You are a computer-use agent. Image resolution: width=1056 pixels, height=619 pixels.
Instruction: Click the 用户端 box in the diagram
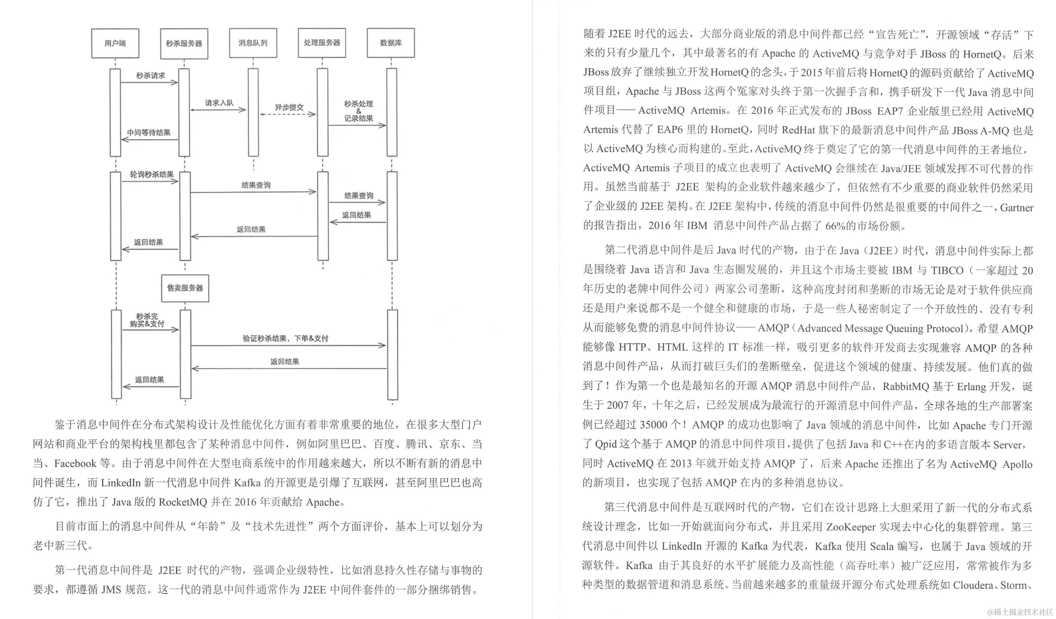coord(115,43)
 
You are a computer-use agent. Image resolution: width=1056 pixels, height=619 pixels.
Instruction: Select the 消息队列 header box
coord(253,43)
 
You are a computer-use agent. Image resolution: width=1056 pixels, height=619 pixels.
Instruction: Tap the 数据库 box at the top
coord(390,43)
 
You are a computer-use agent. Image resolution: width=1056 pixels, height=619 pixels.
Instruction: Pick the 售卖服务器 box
coord(185,288)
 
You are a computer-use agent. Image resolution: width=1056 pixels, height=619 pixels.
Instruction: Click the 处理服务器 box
coord(322,43)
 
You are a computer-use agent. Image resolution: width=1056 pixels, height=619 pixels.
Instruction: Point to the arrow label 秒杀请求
coord(151,75)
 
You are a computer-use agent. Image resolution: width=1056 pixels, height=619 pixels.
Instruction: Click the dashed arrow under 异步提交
coord(287,114)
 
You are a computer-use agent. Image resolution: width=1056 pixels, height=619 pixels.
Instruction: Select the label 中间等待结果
coord(149,132)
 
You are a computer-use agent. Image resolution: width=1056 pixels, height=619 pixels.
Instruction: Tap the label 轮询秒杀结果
coord(151,174)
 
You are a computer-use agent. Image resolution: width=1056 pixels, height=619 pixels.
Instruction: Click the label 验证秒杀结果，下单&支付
coord(285,338)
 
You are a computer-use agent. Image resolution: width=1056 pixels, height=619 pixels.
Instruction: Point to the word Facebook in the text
coord(75,463)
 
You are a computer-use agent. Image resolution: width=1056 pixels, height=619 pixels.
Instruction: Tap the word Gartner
coord(1017,207)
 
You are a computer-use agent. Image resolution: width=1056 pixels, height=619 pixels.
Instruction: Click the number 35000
coord(653,425)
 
